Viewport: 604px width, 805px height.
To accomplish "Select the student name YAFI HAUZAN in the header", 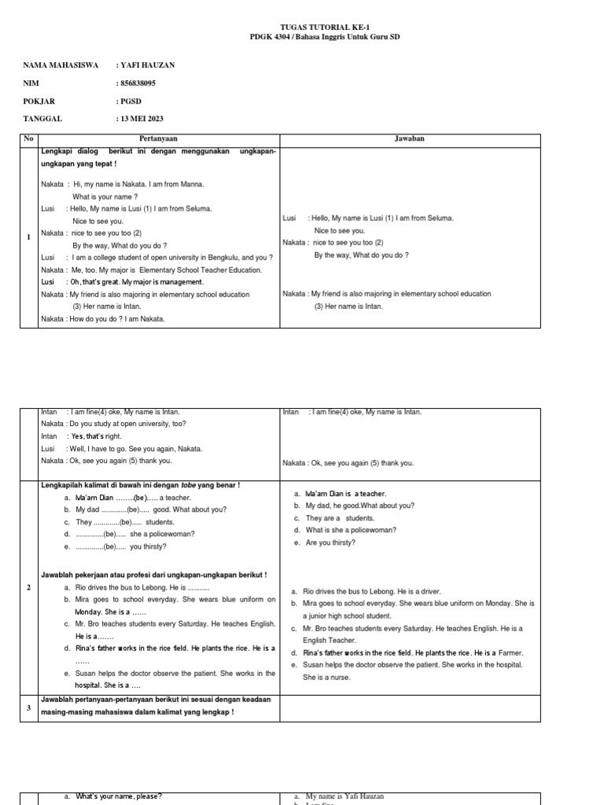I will [147, 65].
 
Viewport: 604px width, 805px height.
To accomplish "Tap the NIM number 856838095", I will [137, 83].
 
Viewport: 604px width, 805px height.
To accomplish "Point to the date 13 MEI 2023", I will [142, 119].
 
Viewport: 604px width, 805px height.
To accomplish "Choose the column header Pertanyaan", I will [160, 139].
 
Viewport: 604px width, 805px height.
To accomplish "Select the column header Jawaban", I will [410, 139].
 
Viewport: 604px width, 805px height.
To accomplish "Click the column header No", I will [28, 139].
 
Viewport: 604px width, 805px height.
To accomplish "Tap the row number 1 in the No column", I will [28, 237].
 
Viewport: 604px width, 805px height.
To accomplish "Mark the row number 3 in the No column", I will [28, 708].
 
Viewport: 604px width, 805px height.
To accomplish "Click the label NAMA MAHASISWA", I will [61, 65].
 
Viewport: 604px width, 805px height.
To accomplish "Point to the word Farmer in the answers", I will [510, 652].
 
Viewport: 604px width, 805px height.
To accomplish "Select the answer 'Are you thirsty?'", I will [323, 542].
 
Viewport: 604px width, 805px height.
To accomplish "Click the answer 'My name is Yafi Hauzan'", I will [344, 796].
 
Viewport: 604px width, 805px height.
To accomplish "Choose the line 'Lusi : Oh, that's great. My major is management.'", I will [123, 281].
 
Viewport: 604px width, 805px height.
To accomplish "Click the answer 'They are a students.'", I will [329, 518].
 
